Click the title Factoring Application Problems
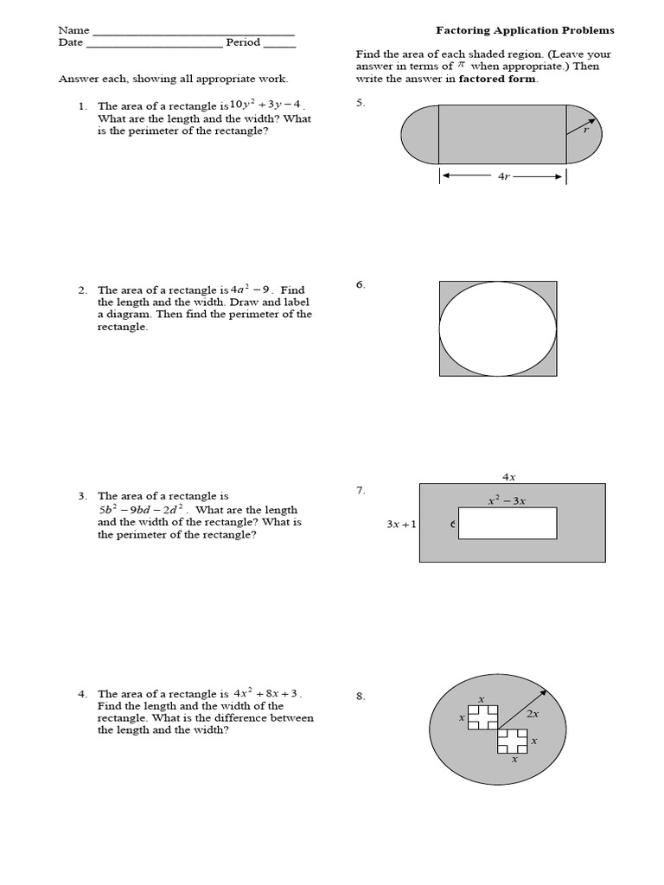pos(525,30)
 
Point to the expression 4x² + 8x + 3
pos(267,693)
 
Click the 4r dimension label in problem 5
pos(503,176)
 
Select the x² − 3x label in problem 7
pos(508,500)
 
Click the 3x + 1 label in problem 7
pos(401,524)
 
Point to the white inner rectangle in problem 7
pos(508,524)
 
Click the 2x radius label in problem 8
pos(533,715)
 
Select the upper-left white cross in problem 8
pos(483,716)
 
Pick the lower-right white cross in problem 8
pos(513,741)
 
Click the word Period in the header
pos(243,42)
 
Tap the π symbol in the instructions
pos(461,66)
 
